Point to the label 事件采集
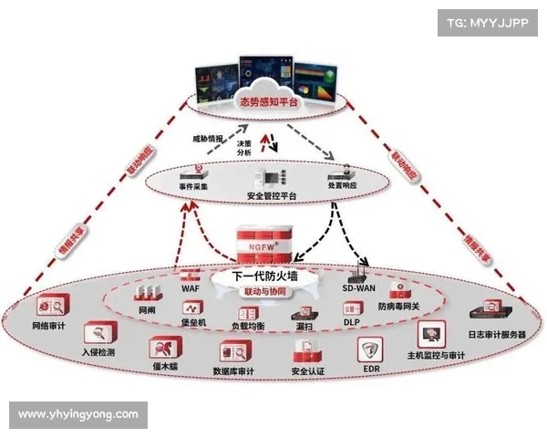pos(193,186)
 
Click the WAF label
pos(191,288)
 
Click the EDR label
pos(371,369)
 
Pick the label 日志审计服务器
pos(497,335)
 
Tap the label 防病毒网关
pos(398,307)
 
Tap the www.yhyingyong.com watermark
pos(77,414)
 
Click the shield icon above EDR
pos(371,349)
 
